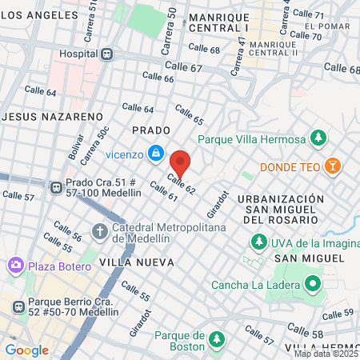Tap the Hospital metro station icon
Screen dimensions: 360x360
coord(106,54)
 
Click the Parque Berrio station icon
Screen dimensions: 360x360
coord(16,305)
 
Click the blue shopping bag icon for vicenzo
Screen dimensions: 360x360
coord(156,151)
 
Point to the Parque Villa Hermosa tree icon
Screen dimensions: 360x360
coord(318,138)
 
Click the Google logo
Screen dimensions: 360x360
coord(26,350)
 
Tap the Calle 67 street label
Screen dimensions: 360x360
coord(183,67)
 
